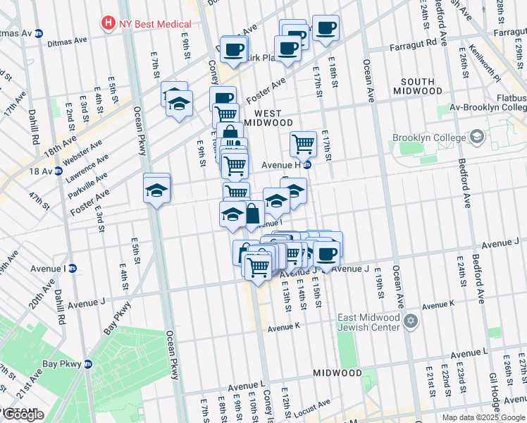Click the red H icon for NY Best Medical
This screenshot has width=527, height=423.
point(108,23)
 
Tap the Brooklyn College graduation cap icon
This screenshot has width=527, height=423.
point(477,136)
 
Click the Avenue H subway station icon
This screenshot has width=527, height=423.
point(306,165)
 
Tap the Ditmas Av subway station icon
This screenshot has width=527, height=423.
point(39,33)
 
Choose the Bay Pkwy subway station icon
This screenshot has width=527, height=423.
point(88,364)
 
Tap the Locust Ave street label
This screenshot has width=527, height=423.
point(313,405)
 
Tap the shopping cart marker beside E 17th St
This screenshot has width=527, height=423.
point(303,143)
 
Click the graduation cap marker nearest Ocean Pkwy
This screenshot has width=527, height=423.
point(157,188)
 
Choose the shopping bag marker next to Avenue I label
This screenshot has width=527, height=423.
point(252,213)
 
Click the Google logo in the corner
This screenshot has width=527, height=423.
point(23,415)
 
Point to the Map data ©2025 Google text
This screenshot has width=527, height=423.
point(483,417)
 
